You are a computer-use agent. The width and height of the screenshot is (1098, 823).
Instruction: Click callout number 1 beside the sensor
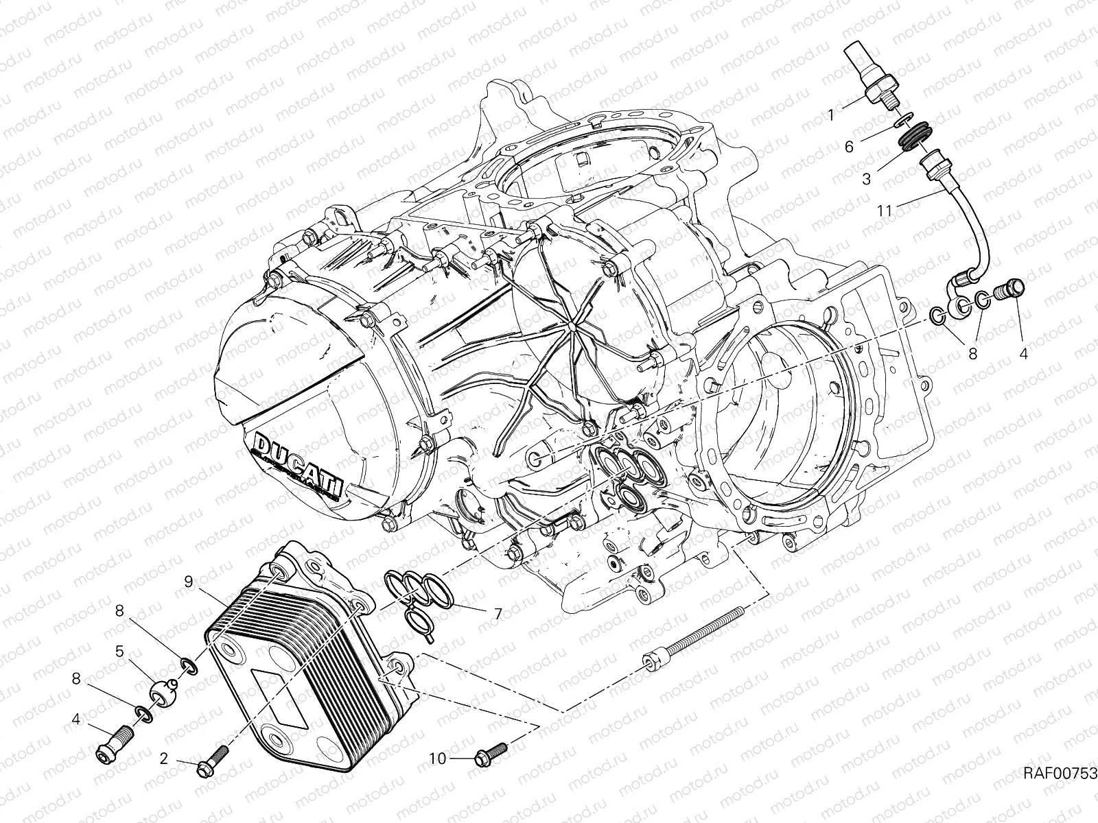(x=851, y=116)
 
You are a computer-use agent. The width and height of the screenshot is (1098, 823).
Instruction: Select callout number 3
(x=867, y=179)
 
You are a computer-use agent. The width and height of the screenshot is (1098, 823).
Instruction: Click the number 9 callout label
(x=187, y=582)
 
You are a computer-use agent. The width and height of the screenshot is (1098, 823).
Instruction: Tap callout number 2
(x=164, y=759)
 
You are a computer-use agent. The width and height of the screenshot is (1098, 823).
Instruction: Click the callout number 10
(x=439, y=759)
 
